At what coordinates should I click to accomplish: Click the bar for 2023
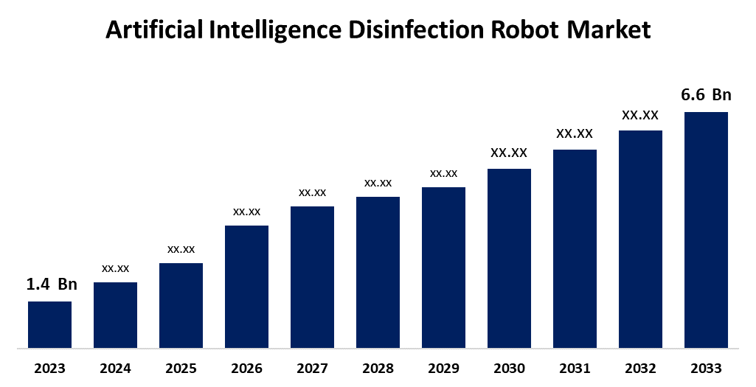(x=49, y=324)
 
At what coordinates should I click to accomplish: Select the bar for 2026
(x=246, y=286)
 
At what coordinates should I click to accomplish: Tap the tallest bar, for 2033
(x=706, y=229)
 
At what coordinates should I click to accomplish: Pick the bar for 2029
(x=443, y=267)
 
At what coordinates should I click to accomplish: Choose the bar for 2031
(x=575, y=248)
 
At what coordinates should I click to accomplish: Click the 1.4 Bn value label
(x=52, y=285)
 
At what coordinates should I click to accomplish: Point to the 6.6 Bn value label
(x=706, y=95)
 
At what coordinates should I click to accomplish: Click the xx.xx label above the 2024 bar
(x=115, y=268)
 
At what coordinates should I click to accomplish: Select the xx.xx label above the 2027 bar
(x=312, y=192)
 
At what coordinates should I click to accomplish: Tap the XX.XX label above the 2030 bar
(x=509, y=153)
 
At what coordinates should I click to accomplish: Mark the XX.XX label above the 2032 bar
(x=640, y=115)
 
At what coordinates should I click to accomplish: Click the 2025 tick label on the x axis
(x=181, y=369)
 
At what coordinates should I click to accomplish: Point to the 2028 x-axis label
(x=378, y=369)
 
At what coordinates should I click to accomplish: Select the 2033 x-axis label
(x=706, y=369)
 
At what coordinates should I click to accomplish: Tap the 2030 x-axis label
(x=509, y=369)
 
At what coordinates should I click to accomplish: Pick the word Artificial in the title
(x=150, y=30)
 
